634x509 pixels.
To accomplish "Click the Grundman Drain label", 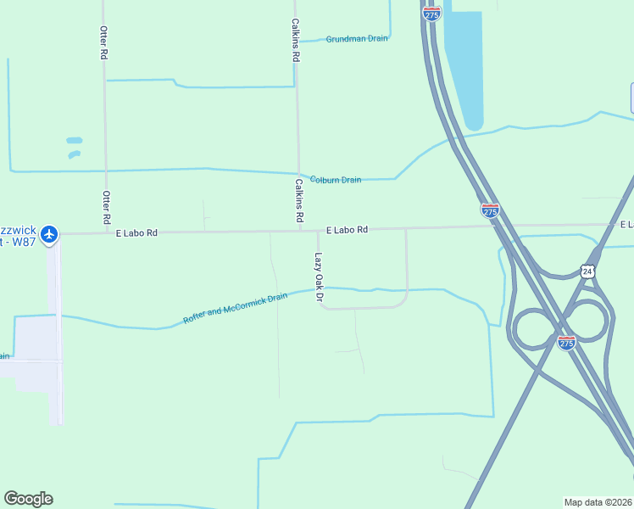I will coord(357,39).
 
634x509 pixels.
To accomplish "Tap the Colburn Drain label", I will coord(336,180).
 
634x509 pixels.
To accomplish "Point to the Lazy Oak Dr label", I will coord(319,277).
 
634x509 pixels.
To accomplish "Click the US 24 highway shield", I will coord(587,271).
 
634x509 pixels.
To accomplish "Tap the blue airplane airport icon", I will coord(49,233).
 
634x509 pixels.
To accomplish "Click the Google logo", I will coord(28,499).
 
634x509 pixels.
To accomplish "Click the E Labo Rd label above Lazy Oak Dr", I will coord(348,230).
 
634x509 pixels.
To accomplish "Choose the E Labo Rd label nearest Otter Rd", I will coord(136,232).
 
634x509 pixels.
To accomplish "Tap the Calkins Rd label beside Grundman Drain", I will coord(296,40).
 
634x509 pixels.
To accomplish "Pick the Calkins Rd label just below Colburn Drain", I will coord(299,200).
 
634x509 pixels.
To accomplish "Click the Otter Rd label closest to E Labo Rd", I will coord(106,208).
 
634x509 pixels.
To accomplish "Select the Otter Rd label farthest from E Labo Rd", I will coord(103,42).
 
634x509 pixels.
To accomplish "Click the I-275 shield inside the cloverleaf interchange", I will coord(567,342).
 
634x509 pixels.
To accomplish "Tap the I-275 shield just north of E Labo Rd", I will coord(490,210).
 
